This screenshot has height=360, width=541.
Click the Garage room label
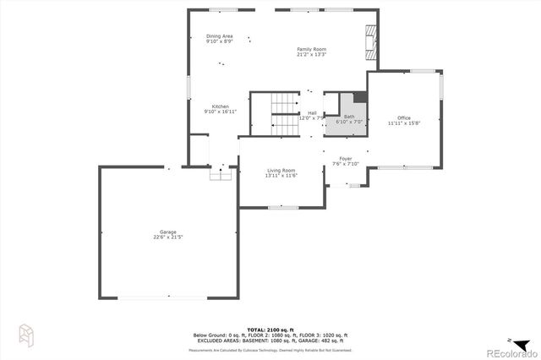click(169, 232)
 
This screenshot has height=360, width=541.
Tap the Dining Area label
click(219, 36)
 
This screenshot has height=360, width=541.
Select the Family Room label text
click(311, 49)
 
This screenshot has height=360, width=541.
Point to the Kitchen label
click(220, 106)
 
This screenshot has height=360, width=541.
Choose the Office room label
click(404, 117)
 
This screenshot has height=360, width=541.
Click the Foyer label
click(346, 158)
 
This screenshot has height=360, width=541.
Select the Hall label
click(312, 112)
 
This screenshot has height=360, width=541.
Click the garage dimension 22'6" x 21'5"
click(169, 237)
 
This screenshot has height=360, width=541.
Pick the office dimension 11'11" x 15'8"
click(404, 123)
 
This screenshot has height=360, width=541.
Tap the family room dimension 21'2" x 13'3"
click(311, 55)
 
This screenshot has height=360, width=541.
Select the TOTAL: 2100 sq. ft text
click(269, 329)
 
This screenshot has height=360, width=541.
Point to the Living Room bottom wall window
click(282, 207)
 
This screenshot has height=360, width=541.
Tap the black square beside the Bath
click(360, 97)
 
